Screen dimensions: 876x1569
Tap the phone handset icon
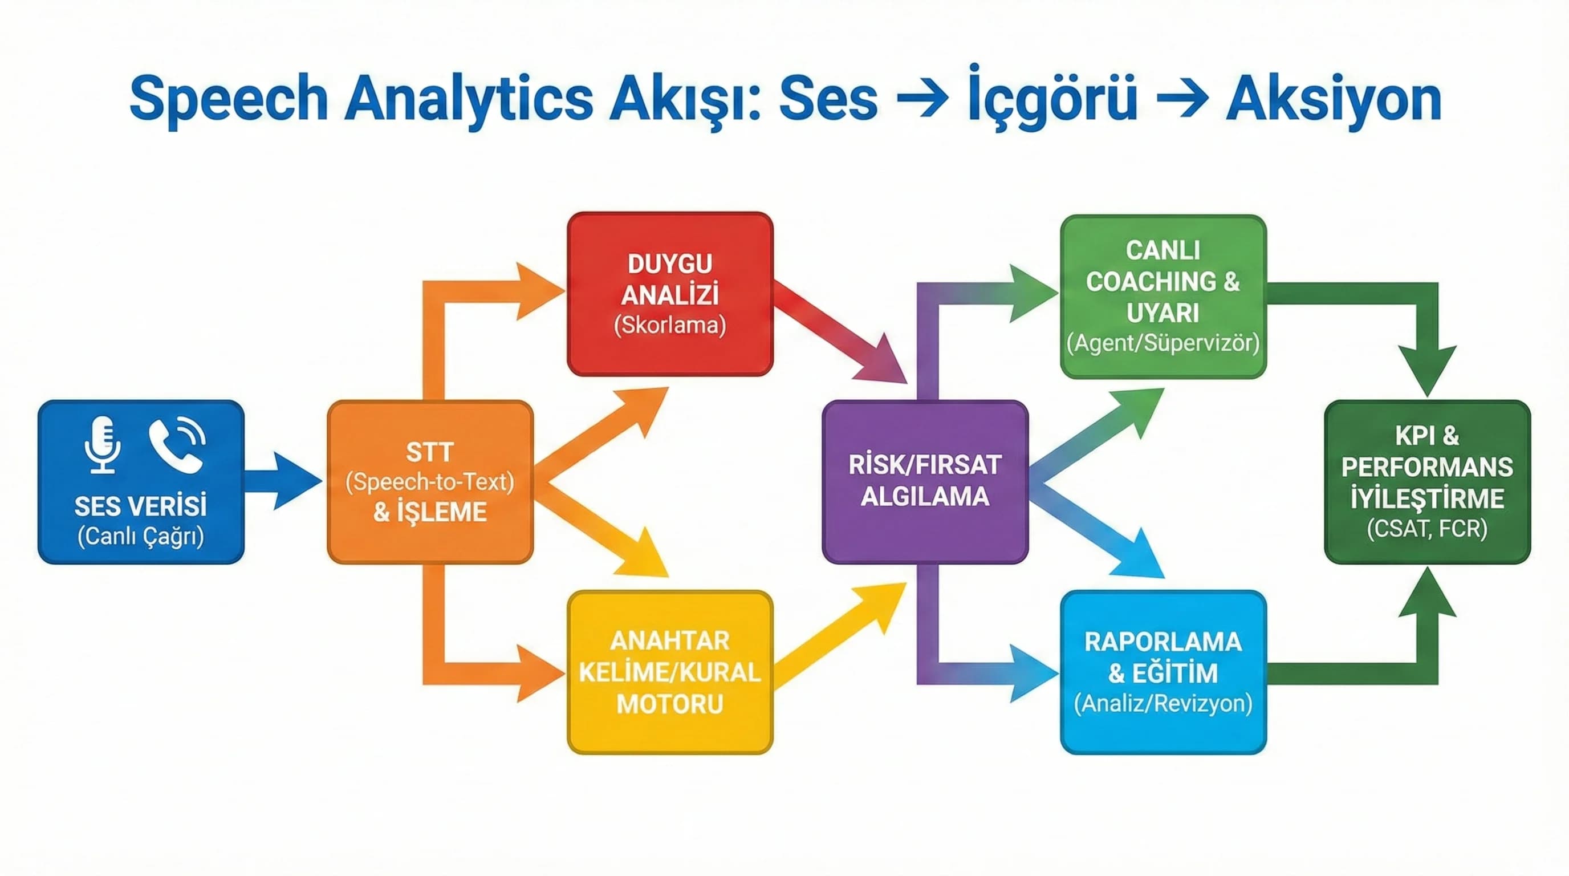point(176,445)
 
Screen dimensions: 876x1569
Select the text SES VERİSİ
point(141,506)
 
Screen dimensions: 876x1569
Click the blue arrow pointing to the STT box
point(283,481)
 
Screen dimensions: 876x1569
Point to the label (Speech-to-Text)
point(429,482)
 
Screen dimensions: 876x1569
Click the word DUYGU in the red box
point(670,264)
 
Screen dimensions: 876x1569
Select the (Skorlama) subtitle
point(670,325)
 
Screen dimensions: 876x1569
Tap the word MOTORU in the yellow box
point(670,704)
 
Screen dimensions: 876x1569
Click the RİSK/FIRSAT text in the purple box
point(925,465)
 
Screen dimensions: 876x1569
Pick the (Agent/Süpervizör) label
point(1162,343)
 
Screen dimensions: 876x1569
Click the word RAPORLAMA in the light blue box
point(1162,642)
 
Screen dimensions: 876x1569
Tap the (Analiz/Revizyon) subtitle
point(1162,704)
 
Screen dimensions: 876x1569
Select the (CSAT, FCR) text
point(1427,528)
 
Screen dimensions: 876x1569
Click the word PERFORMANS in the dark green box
point(1427,467)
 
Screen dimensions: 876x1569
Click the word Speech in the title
point(229,99)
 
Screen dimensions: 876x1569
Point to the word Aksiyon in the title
point(1334,99)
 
